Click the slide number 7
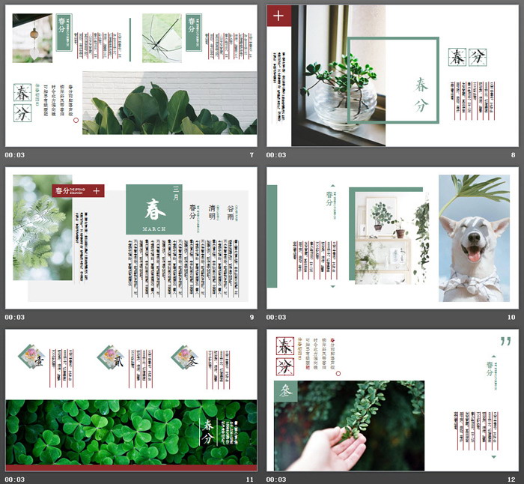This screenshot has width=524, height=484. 252,155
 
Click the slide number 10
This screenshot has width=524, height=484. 511,317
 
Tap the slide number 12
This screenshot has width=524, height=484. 511,479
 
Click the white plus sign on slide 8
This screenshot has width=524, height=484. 279,15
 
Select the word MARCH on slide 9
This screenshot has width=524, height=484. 153,228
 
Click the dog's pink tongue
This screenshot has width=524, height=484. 474,255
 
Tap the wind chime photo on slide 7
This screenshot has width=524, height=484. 32,38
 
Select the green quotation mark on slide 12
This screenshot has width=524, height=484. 506,342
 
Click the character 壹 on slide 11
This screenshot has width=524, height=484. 37,357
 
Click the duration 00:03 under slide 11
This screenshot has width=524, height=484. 15,479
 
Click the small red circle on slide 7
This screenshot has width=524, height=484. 76,119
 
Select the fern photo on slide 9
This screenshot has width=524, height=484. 42,227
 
